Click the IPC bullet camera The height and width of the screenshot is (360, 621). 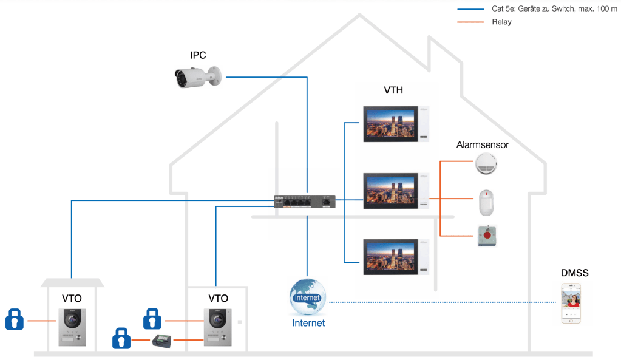pos(195,76)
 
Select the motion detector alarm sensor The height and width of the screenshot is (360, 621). pos(486,202)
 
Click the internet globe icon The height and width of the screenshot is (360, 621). pos(308,297)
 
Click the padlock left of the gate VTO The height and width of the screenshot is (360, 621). pos(15,319)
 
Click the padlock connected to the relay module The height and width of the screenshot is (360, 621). pos(122,338)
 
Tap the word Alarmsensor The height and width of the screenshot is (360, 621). pos(482,144)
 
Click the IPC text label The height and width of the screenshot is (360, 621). pos(198,55)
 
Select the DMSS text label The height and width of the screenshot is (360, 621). pos(574,273)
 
